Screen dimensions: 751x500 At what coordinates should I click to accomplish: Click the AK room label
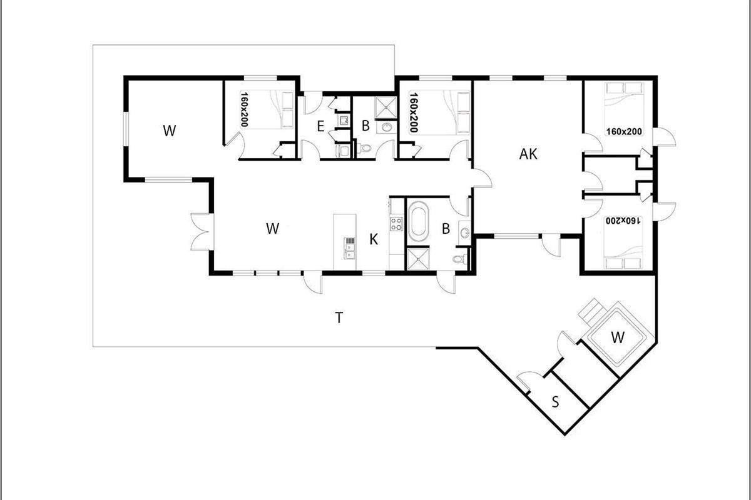[x=528, y=154]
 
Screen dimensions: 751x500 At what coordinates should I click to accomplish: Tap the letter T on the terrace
[x=339, y=317]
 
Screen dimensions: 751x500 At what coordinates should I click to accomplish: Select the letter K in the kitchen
[x=374, y=239]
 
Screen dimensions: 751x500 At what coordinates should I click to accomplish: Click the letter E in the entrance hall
[x=320, y=127]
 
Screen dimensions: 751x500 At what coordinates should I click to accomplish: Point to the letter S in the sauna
[x=556, y=401]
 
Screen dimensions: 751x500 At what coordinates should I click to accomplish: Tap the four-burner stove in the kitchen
[x=396, y=223]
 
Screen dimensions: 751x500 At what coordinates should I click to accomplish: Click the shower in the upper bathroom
[x=386, y=107]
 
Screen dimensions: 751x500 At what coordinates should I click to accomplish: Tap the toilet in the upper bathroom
[x=364, y=147]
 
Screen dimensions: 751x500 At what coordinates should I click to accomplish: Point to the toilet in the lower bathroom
[x=459, y=259]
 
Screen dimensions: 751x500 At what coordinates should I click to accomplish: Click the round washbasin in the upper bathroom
[x=387, y=127]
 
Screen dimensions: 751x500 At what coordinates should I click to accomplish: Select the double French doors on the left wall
[x=202, y=232]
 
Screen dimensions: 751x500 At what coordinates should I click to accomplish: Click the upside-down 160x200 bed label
[x=623, y=221]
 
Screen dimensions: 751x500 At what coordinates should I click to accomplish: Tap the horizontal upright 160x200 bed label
[x=624, y=131]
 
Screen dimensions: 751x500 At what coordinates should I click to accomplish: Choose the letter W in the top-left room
[x=170, y=130]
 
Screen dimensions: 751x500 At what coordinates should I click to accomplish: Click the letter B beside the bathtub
[x=446, y=229]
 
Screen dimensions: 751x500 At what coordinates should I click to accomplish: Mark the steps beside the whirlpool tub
[x=591, y=310]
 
